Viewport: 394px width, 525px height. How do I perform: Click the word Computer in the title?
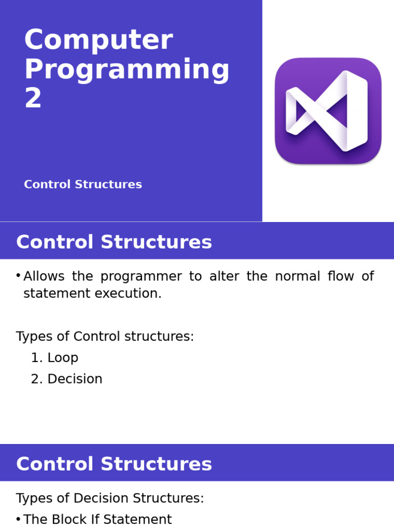pyautogui.click(x=98, y=41)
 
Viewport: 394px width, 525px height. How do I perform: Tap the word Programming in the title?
pyautogui.click(x=126, y=70)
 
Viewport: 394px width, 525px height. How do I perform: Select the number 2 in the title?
pyautogui.click(x=33, y=98)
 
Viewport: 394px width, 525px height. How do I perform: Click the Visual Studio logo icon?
pyautogui.click(x=328, y=111)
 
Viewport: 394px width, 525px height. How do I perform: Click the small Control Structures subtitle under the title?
pyautogui.click(x=83, y=185)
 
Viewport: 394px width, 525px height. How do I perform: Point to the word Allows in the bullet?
pyautogui.click(x=44, y=276)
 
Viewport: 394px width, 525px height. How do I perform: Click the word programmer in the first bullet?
pyautogui.click(x=141, y=276)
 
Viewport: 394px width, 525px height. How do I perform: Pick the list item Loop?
pyautogui.click(x=63, y=358)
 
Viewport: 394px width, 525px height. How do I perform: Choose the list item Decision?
pyautogui.click(x=75, y=379)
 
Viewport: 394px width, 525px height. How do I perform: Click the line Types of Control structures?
pyautogui.click(x=105, y=337)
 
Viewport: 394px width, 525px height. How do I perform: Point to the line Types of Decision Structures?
pyautogui.click(x=110, y=498)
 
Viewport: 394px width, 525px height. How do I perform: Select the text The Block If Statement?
pyautogui.click(x=97, y=519)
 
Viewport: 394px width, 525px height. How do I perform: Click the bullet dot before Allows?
pyautogui.click(x=18, y=276)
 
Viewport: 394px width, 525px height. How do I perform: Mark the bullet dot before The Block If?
pyautogui.click(x=18, y=519)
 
